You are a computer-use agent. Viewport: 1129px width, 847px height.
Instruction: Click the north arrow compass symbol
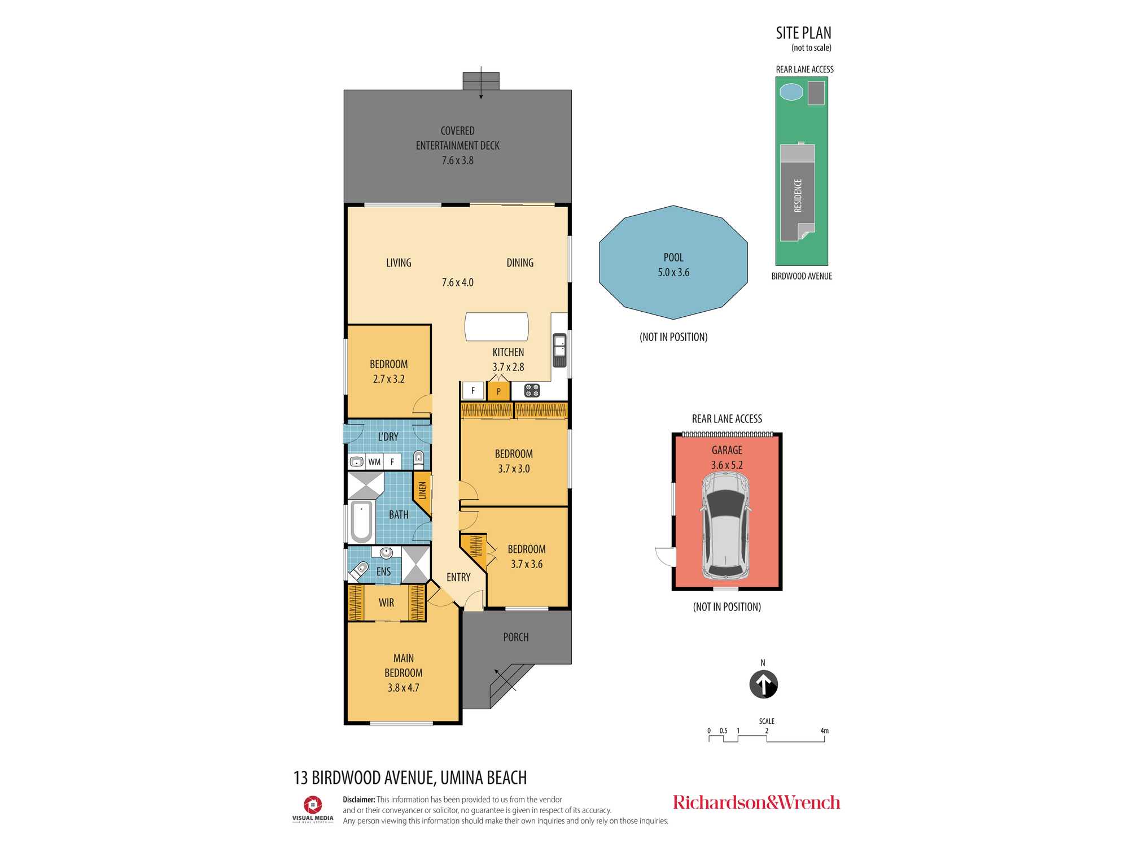[763, 684]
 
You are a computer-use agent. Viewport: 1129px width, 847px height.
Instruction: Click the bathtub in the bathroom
[362, 522]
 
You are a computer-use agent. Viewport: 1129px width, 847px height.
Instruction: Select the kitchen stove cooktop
[532, 390]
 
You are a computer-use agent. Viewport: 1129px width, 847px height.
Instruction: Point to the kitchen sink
[559, 350]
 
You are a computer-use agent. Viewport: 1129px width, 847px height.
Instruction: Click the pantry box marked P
[498, 391]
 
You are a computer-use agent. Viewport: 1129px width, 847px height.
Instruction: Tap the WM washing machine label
[374, 462]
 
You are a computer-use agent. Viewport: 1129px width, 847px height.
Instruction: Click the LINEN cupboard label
[422, 490]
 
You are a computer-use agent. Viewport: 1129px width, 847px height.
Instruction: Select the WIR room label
[387, 602]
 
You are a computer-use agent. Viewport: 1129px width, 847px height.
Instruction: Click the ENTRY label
[458, 577]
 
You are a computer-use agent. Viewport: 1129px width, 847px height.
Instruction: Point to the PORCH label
[516, 637]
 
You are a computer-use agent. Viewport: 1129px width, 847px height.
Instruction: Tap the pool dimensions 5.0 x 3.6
[673, 272]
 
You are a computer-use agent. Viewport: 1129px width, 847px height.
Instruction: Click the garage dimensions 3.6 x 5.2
[727, 465]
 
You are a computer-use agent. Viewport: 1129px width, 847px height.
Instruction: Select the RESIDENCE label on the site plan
[798, 195]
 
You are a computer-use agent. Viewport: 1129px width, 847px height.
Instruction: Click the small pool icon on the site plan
[791, 91]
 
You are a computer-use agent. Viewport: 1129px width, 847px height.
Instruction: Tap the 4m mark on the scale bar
[825, 731]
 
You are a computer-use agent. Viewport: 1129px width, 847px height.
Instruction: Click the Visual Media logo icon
[313, 805]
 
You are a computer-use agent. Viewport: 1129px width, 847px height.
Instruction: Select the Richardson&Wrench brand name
[756, 802]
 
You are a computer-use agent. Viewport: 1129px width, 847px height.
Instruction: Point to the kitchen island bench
[497, 327]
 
